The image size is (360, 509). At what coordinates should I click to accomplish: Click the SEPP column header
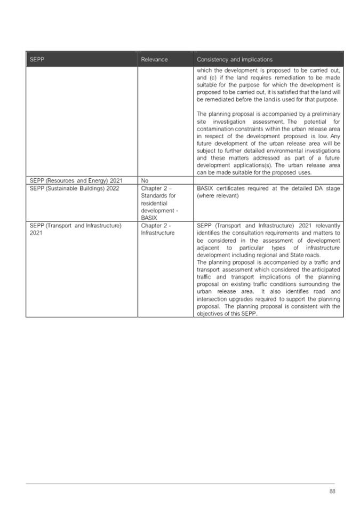[x=37, y=59]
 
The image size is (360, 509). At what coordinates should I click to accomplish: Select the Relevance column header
[x=154, y=59]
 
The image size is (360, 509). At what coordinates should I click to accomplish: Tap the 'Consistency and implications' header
[x=234, y=59]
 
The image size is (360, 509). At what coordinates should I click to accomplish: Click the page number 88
[x=332, y=491]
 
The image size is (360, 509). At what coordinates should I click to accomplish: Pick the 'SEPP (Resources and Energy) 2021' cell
[x=76, y=180]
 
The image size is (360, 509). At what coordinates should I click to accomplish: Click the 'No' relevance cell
[x=145, y=180]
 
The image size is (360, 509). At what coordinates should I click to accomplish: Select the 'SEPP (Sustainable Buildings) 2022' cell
[x=74, y=188]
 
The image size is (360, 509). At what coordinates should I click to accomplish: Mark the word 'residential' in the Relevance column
[x=155, y=203]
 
